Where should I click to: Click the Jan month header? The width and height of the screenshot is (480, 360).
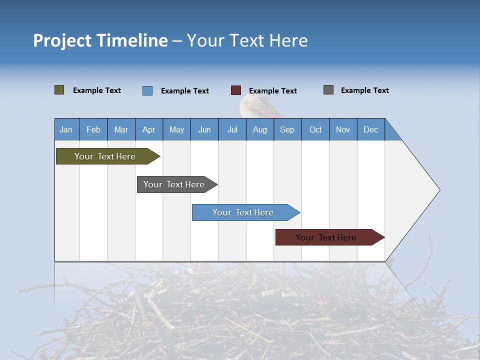(66, 129)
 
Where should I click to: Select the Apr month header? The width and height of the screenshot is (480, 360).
(149, 129)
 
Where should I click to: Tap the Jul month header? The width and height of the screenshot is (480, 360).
(232, 129)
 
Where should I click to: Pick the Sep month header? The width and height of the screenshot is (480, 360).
(287, 129)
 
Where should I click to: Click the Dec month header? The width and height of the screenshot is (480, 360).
(370, 129)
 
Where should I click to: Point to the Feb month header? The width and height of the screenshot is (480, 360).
(93, 129)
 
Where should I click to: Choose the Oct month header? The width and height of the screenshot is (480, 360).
(315, 129)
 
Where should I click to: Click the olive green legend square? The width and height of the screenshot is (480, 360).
(59, 90)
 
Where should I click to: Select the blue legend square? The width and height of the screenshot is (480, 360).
(147, 90)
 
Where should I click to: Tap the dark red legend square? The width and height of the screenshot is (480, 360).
(236, 90)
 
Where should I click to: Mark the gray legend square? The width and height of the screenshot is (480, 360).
(328, 90)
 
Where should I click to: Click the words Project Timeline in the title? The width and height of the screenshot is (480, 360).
(100, 40)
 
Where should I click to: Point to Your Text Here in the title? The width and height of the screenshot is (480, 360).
(247, 40)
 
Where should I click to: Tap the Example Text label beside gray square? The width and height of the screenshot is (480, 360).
(364, 90)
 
